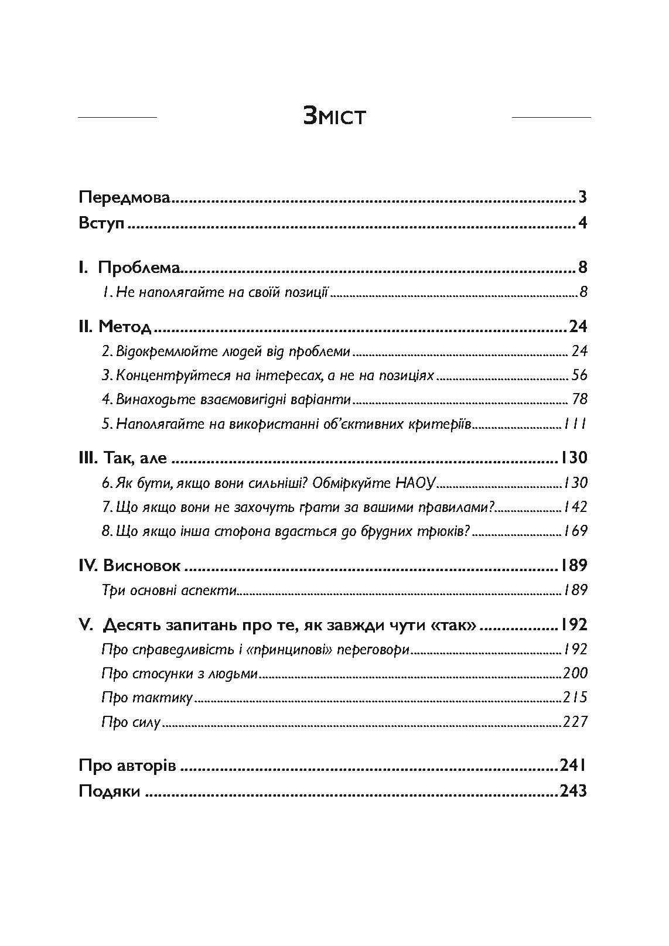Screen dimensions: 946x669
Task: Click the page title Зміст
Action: click(334, 116)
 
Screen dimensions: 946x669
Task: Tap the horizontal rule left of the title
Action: click(117, 118)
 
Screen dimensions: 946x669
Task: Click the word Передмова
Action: click(124, 197)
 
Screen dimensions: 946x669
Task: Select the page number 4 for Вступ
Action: click(582, 224)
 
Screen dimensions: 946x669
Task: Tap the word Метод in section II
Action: click(125, 326)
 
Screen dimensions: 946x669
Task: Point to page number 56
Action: click(579, 375)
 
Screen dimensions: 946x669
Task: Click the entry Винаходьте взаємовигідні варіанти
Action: click(226, 399)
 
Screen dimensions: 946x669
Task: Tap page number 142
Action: click(575, 507)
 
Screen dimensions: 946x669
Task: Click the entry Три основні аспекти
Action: click(169, 590)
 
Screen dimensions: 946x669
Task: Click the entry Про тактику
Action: click(147, 697)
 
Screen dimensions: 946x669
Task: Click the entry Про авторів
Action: click(127, 766)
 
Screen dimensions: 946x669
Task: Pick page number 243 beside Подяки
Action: click(573, 791)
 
